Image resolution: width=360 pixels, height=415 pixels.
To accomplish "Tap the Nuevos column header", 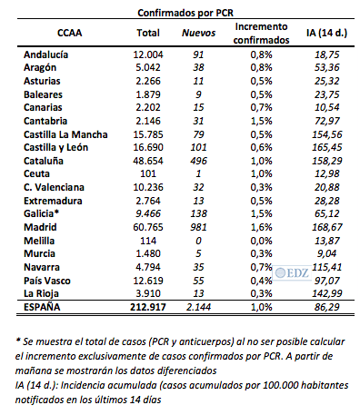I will point(199,35).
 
